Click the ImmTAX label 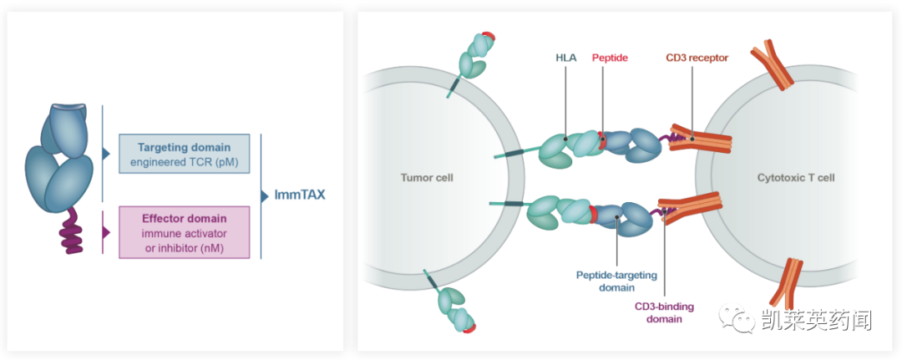point(300,195)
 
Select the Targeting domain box point(185,154)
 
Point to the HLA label point(565,58)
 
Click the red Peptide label point(610,58)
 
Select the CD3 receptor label point(697,58)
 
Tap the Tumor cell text point(427,178)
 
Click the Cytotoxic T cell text point(796,178)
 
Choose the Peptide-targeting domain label point(616,280)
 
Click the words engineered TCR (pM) point(185,161)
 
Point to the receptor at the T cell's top point(772,67)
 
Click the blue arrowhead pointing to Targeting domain point(106,154)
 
